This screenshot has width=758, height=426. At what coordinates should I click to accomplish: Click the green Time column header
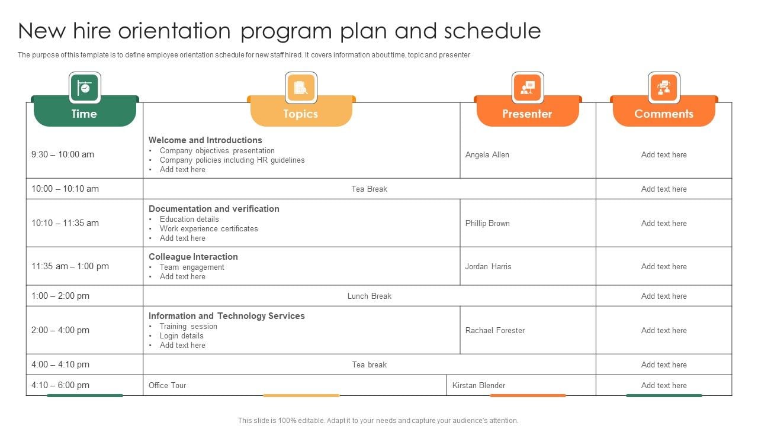pyautogui.click(x=84, y=114)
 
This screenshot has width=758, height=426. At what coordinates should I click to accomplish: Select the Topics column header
pyautogui.click(x=301, y=114)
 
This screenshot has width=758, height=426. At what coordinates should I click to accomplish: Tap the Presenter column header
pyautogui.click(x=527, y=114)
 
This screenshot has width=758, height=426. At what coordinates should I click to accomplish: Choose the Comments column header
pyautogui.click(x=663, y=114)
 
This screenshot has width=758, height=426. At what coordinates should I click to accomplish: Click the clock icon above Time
pyautogui.click(x=85, y=88)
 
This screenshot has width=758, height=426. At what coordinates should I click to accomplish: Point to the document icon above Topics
pyautogui.click(x=301, y=88)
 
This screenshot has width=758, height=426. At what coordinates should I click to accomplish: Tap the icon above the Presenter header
pyautogui.click(x=527, y=88)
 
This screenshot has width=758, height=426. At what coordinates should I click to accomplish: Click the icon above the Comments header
pyautogui.click(x=664, y=88)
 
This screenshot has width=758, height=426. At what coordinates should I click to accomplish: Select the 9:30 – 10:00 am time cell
pyautogui.click(x=63, y=154)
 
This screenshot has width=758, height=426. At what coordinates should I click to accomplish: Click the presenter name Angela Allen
pyautogui.click(x=487, y=155)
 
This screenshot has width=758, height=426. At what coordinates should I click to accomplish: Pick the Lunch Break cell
pyautogui.click(x=370, y=296)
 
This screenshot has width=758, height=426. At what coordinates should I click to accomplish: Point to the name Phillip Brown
pyautogui.click(x=487, y=224)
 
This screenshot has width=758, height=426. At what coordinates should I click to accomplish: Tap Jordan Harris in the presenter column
pyautogui.click(x=488, y=266)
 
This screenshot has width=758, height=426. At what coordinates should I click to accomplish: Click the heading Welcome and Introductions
pyautogui.click(x=205, y=140)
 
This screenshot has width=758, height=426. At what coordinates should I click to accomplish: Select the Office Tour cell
pyautogui.click(x=168, y=385)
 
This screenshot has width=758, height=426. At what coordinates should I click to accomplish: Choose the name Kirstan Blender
pyautogui.click(x=478, y=385)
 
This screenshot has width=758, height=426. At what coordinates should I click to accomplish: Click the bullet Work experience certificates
pyautogui.click(x=208, y=228)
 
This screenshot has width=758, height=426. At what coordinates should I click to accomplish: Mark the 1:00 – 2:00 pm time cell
pyautogui.click(x=60, y=296)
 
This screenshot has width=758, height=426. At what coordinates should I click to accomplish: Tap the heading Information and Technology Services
pyautogui.click(x=227, y=316)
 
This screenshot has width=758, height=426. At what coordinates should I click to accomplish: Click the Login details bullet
pyautogui.click(x=181, y=335)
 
